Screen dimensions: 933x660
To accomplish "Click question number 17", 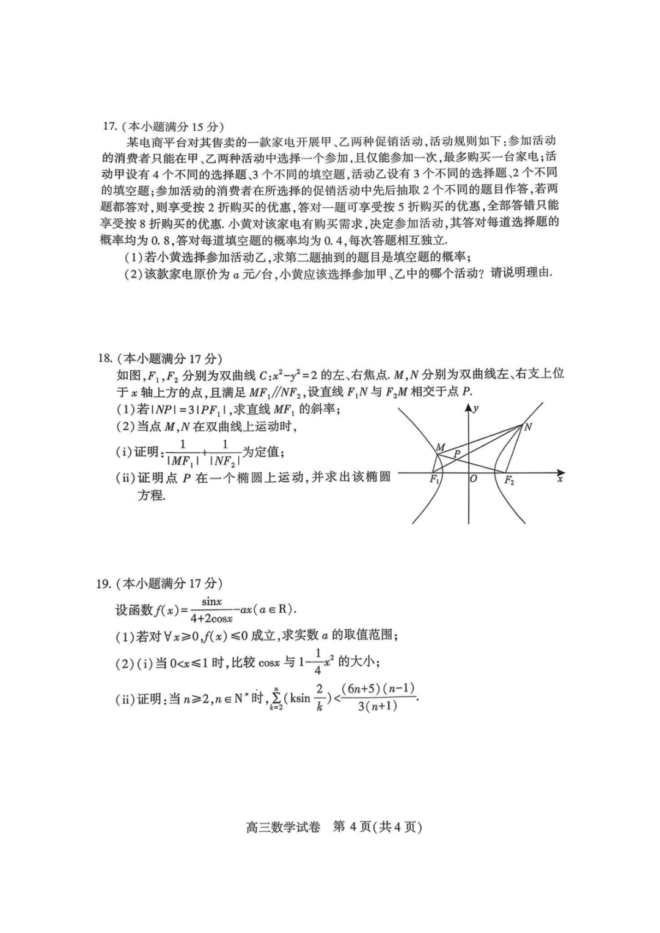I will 109,126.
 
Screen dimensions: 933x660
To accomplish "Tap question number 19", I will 105,584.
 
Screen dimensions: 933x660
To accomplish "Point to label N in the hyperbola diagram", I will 528,427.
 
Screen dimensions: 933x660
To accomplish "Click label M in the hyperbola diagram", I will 439,447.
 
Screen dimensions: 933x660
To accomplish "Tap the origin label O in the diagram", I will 473,480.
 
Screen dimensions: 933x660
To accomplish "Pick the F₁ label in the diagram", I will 435,480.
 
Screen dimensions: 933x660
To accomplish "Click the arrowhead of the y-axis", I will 469,409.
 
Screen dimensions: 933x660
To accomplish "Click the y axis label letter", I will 476,408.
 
